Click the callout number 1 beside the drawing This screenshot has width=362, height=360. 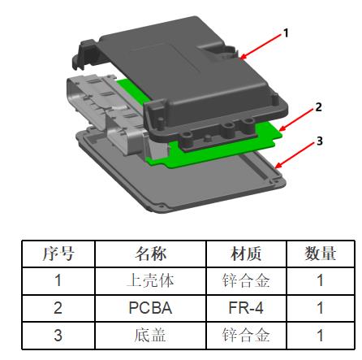coord(286,33)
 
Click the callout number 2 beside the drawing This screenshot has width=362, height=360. coord(319,107)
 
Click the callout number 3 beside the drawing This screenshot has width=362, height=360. coord(320,141)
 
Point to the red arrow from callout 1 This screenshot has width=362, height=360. coord(261,46)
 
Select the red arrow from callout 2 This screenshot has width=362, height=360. coord(297,119)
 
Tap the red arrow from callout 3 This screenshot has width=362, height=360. coord(295,154)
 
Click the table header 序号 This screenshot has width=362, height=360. coord(58,254)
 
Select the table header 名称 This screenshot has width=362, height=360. coord(151,254)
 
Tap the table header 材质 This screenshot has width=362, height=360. coord(246,254)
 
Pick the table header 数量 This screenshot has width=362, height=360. coord(321,254)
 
